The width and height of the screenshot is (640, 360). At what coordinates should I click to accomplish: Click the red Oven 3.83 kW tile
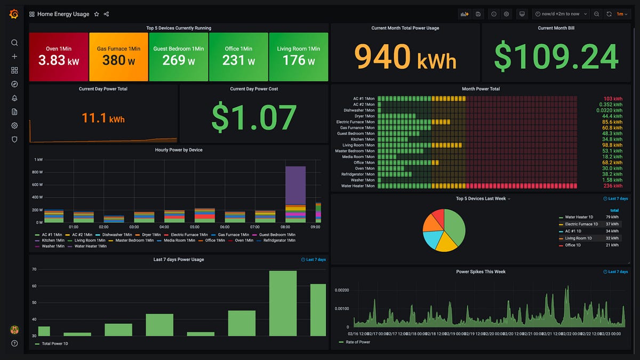(x=59, y=57)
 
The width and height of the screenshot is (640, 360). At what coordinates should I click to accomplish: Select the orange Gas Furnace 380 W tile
(x=118, y=57)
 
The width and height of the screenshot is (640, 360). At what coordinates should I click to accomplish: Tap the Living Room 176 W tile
(x=299, y=57)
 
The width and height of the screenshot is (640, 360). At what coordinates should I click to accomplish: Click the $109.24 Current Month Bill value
(x=556, y=57)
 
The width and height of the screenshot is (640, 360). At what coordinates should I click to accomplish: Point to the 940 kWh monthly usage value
(x=405, y=57)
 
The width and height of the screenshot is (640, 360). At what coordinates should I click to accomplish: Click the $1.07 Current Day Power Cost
(x=254, y=117)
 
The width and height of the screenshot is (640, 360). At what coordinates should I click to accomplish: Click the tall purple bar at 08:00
(x=295, y=186)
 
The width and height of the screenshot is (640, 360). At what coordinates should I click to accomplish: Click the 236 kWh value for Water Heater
(x=613, y=186)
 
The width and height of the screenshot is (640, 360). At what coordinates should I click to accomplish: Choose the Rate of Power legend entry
(x=357, y=342)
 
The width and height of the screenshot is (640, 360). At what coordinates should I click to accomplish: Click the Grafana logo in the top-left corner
(x=14, y=14)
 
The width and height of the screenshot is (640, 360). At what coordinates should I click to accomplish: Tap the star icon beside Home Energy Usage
(x=97, y=14)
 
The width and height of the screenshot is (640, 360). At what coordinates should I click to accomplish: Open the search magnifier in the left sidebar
(x=14, y=43)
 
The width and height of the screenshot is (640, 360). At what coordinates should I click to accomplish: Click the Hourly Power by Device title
(x=179, y=150)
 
